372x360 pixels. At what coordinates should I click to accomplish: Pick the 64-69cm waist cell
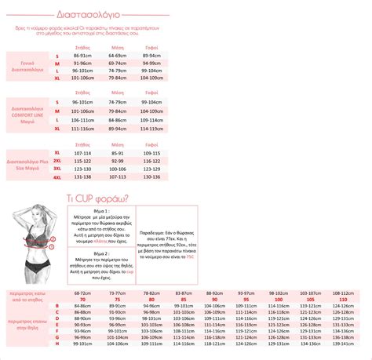click(x=118, y=56)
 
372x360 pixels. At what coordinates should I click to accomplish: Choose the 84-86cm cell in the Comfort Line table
click(x=118, y=119)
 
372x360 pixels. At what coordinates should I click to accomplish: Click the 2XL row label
click(x=57, y=161)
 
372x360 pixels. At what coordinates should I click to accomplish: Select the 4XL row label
click(x=57, y=178)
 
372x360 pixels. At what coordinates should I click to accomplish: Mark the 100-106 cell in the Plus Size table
click(x=118, y=169)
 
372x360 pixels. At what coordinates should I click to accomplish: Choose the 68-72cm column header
click(x=83, y=292)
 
